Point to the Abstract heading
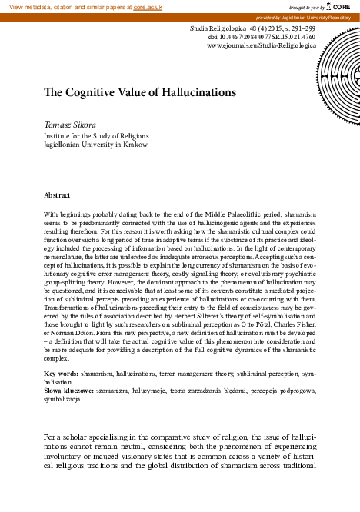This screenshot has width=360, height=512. coord(58,196)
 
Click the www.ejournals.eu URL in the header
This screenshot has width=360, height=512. coord(262,45)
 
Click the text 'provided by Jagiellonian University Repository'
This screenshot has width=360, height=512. coord(305,17)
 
